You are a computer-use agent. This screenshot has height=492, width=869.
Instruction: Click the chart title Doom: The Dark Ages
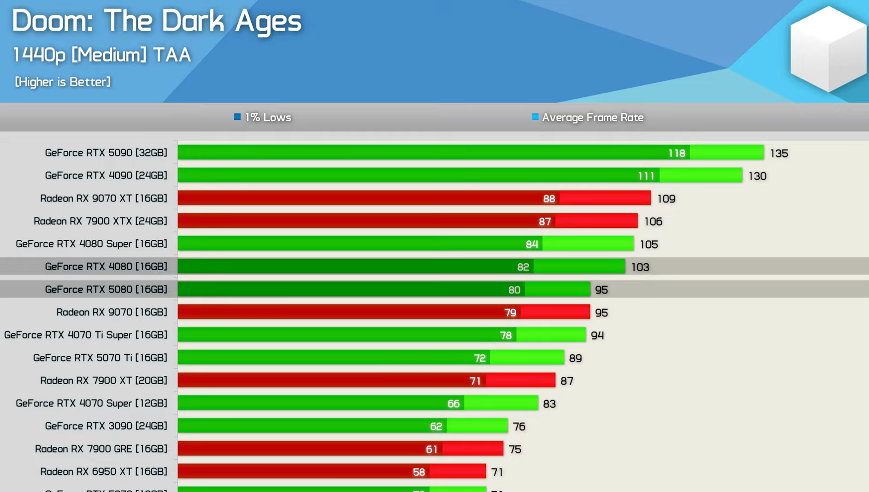(x=157, y=22)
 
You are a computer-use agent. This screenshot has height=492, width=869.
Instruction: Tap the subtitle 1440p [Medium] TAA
(x=101, y=55)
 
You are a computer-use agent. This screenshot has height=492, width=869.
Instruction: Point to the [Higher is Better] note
(x=63, y=82)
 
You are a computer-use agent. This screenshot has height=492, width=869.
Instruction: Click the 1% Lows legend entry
(x=263, y=118)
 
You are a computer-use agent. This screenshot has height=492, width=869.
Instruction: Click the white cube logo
(x=828, y=48)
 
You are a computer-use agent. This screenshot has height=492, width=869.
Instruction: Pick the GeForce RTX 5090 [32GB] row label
(x=106, y=153)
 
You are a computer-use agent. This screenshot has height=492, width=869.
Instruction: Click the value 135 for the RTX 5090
(x=779, y=154)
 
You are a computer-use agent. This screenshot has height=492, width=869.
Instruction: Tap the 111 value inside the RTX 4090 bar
(x=646, y=176)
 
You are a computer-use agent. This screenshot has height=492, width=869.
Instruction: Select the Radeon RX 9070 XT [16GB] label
(x=104, y=198)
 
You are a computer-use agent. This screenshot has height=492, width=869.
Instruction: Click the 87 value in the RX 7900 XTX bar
(x=545, y=222)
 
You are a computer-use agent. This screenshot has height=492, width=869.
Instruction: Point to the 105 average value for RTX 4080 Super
(x=649, y=244)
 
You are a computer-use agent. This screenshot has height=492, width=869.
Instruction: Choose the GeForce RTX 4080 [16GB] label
(x=106, y=267)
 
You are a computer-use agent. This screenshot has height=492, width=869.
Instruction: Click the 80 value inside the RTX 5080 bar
(x=514, y=290)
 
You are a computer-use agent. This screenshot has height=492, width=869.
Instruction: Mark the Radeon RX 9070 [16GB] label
(x=112, y=312)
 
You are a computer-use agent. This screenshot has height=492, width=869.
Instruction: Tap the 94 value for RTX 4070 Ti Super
(x=597, y=336)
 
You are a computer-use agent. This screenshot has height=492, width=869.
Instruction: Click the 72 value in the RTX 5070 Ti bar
(x=480, y=358)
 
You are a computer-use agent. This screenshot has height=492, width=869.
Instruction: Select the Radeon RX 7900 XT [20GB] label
(x=104, y=380)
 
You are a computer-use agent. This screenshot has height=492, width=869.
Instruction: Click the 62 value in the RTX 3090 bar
(x=436, y=427)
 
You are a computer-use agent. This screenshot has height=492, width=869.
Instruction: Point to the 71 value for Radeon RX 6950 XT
(x=497, y=472)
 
